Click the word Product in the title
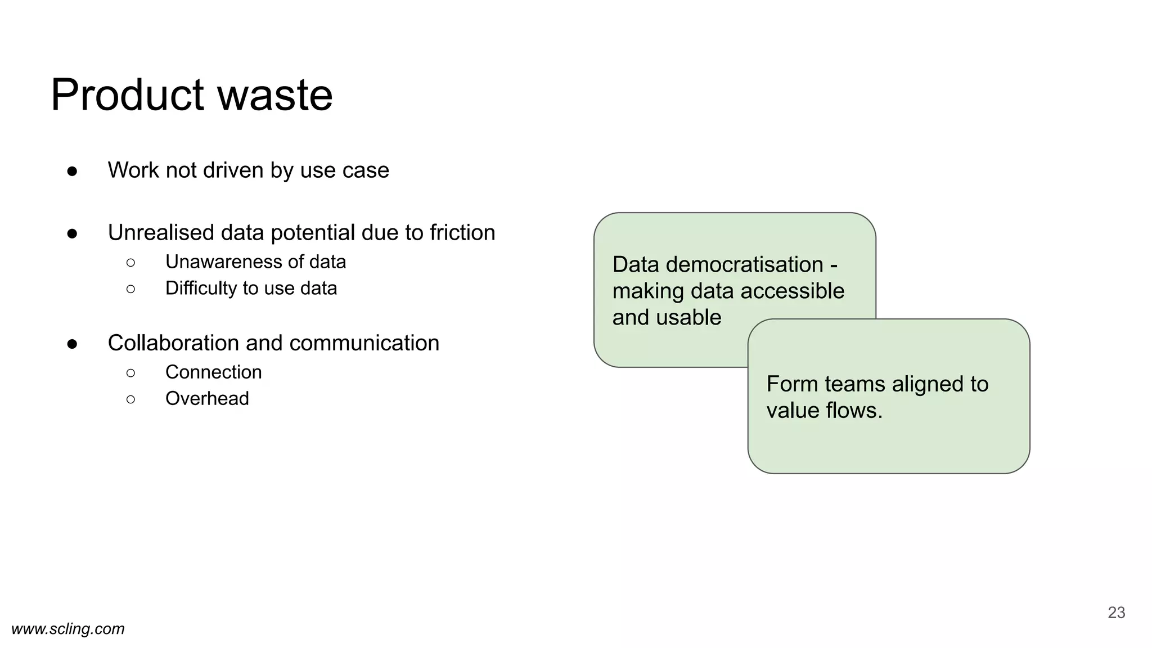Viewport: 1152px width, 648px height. tap(127, 95)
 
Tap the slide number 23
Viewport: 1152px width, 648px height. tap(1116, 613)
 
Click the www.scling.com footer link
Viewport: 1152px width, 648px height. tap(68, 629)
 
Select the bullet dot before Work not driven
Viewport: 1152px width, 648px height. tap(72, 171)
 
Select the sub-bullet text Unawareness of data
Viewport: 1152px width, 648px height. tap(255, 262)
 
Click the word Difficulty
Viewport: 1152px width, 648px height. tap(201, 289)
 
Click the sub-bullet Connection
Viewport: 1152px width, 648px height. tap(214, 372)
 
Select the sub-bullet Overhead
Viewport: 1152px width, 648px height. tap(207, 399)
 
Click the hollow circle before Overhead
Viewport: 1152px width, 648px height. tap(131, 399)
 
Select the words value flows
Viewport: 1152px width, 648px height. tap(824, 411)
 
